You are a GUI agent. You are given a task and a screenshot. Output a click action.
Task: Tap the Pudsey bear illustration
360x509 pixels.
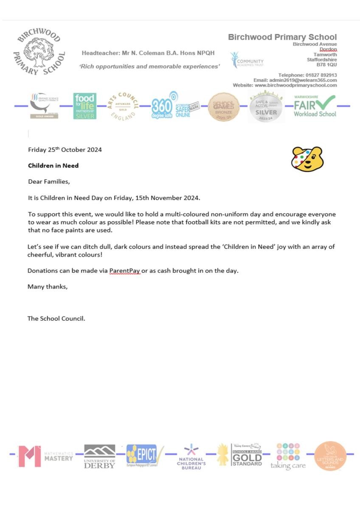click(x=307, y=159)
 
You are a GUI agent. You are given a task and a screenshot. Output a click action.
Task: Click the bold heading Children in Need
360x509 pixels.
click(x=53, y=165)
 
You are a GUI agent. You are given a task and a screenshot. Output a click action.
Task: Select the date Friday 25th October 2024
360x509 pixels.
click(x=65, y=150)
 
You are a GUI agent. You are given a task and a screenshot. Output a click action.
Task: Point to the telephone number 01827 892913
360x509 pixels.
click(x=321, y=75)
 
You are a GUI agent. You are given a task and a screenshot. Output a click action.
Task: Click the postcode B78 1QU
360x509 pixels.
click(x=326, y=65)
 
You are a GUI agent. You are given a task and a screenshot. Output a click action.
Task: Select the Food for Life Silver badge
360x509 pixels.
click(x=84, y=106)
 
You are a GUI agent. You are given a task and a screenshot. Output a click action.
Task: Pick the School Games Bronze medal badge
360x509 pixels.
click(x=224, y=107)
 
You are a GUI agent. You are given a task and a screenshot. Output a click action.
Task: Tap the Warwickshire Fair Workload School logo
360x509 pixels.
click(x=315, y=106)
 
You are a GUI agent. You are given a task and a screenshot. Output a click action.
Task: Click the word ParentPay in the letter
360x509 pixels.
click(x=124, y=271)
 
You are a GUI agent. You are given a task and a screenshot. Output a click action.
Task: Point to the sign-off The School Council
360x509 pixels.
click(x=56, y=319)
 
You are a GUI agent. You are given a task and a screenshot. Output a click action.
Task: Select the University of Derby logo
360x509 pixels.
click(x=99, y=456)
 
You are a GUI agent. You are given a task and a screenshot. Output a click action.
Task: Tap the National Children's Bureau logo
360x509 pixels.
click(x=191, y=457)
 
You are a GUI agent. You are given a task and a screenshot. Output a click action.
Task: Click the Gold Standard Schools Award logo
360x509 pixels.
click(x=247, y=455)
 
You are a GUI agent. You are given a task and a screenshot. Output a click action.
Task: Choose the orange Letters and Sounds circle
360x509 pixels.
click(x=330, y=456)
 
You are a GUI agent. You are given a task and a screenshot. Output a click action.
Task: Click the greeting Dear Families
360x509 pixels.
click(x=48, y=182)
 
